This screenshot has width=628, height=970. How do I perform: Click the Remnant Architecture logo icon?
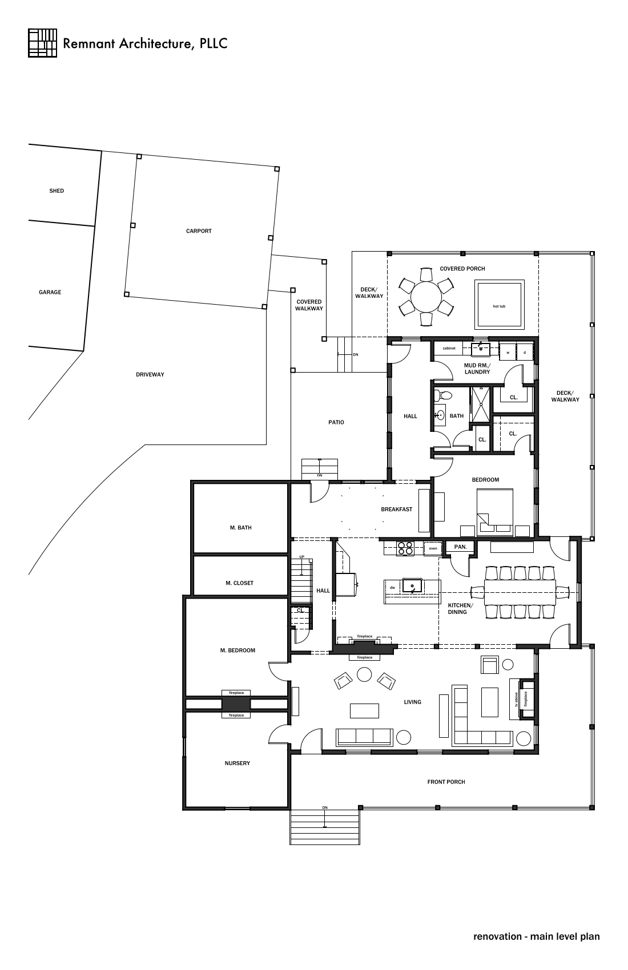[42, 43]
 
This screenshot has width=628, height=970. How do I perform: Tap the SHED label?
[57, 191]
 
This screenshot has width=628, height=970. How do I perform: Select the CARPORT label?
[199, 231]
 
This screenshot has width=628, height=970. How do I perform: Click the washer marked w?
[508, 352]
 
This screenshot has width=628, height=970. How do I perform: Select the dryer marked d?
[525, 352]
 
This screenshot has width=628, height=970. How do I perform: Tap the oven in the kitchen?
[433, 548]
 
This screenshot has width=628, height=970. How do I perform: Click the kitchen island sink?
[412, 585]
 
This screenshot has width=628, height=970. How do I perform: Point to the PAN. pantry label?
[460, 547]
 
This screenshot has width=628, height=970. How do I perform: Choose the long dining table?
[520, 592]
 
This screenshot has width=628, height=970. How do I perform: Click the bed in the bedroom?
[495, 510]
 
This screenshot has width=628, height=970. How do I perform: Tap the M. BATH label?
[240, 528]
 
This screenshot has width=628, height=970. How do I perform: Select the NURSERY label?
[237, 763]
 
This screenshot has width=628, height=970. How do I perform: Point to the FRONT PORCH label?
[446, 782]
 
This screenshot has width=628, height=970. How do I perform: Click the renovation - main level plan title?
[536, 936]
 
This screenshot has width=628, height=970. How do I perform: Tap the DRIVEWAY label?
[150, 374]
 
